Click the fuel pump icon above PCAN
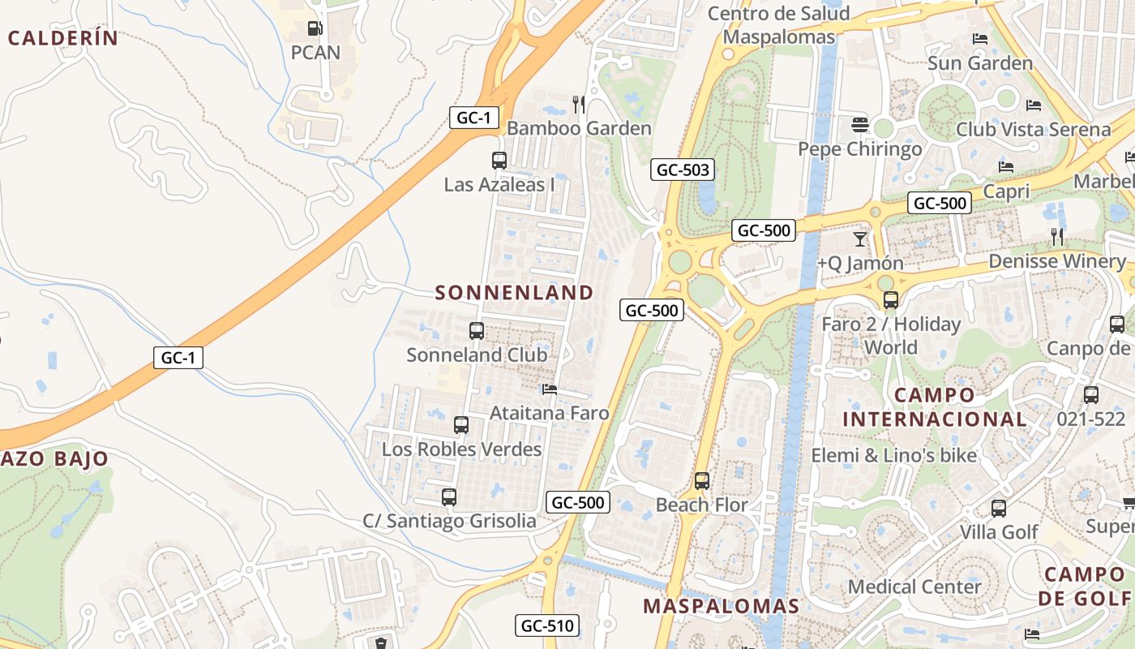pyautogui.click(x=315, y=29)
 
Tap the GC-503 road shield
pyautogui.click(x=683, y=170)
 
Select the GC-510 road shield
pyautogui.click(x=547, y=625)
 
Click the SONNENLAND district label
pyautogui.click(x=515, y=293)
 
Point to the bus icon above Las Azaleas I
pyautogui.click(x=499, y=160)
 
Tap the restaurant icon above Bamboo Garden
pyautogui.click(x=579, y=104)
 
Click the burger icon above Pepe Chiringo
pyautogui.click(x=860, y=125)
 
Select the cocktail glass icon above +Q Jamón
pyautogui.click(x=860, y=239)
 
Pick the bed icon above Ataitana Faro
pyautogui.click(x=550, y=389)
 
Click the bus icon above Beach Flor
pyautogui.click(x=702, y=480)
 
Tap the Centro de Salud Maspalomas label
pyautogui.click(x=779, y=25)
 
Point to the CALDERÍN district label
pyautogui.click(x=63, y=38)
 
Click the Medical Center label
pyautogui.click(x=914, y=587)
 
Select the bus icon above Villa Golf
pyautogui.click(x=999, y=509)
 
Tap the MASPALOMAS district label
pyautogui.click(x=722, y=606)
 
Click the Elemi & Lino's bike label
pyautogui.click(x=894, y=455)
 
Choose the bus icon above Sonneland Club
pyautogui.click(x=477, y=331)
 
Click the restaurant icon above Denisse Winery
pyautogui.click(x=1057, y=237)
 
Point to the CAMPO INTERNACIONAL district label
pyautogui.click(x=935, y=407)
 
